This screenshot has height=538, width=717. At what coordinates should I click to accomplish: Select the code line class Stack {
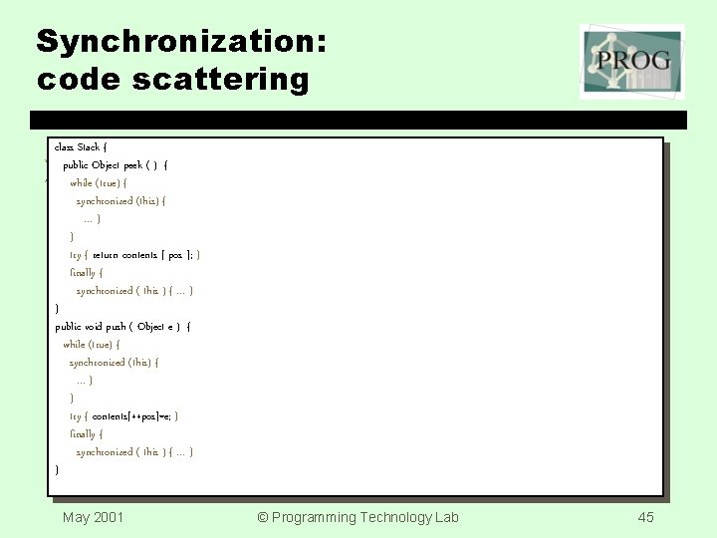pos(81,146)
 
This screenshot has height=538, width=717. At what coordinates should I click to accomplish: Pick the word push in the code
pos(119,326)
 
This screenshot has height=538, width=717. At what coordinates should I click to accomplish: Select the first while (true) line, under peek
pos(98,182)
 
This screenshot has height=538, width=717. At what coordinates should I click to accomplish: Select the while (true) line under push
pos(91,344)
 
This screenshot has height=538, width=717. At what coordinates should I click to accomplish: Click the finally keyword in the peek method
pos(85,272)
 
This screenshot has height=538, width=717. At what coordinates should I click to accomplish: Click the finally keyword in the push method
pos(85,434)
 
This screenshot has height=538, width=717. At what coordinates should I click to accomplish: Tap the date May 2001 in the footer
pos(94,516)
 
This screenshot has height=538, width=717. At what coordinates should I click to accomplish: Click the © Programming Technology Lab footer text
pos(358,516)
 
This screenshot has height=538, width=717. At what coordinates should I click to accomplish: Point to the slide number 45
pos(645,516)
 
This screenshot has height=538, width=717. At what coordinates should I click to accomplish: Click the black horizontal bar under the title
pos(358,121)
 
